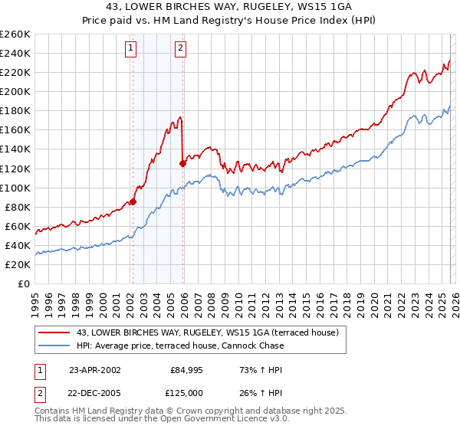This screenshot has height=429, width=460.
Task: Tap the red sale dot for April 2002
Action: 133,201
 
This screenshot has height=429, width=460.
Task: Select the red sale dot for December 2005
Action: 182,162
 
